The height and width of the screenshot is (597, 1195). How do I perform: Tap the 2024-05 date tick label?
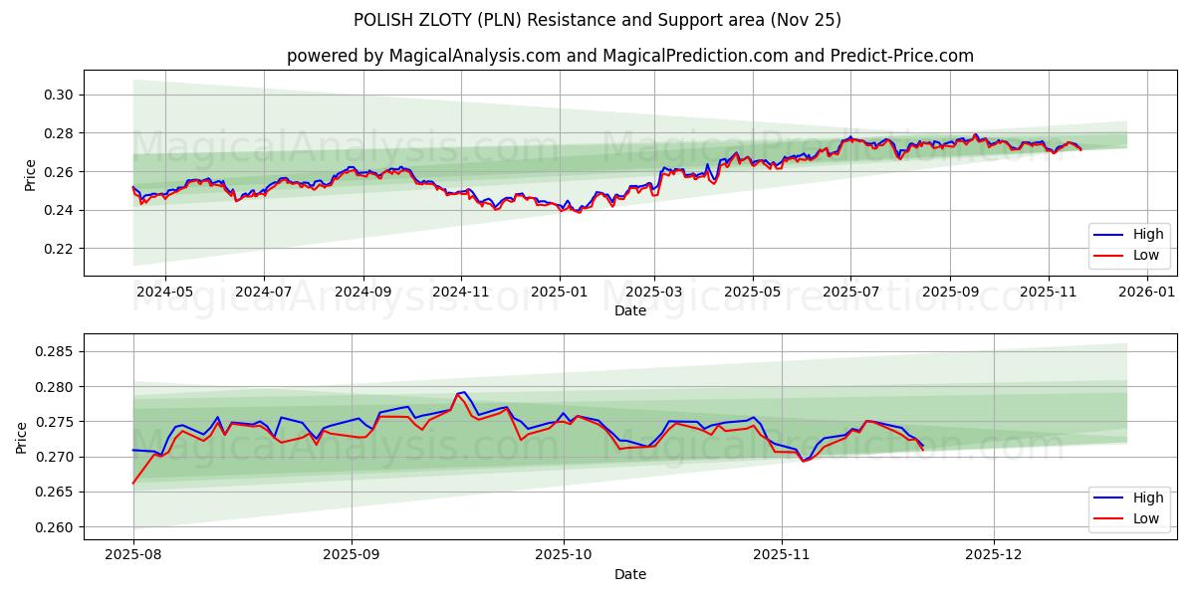[164, 292]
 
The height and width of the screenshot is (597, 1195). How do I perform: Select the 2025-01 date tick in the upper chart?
[559, 292]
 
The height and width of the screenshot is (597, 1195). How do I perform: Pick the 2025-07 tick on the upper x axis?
[850, 292]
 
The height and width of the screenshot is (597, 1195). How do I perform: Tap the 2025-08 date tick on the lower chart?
[133, 555]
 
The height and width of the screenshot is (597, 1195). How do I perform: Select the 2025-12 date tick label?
[994, 555]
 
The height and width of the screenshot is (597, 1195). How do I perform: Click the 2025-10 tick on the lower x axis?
[564, 555]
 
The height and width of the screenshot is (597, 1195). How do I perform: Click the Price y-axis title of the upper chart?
[30, 173]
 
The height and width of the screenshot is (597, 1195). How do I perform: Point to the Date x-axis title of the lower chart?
[629, 574]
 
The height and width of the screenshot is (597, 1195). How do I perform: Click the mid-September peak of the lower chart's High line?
[464, 392]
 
